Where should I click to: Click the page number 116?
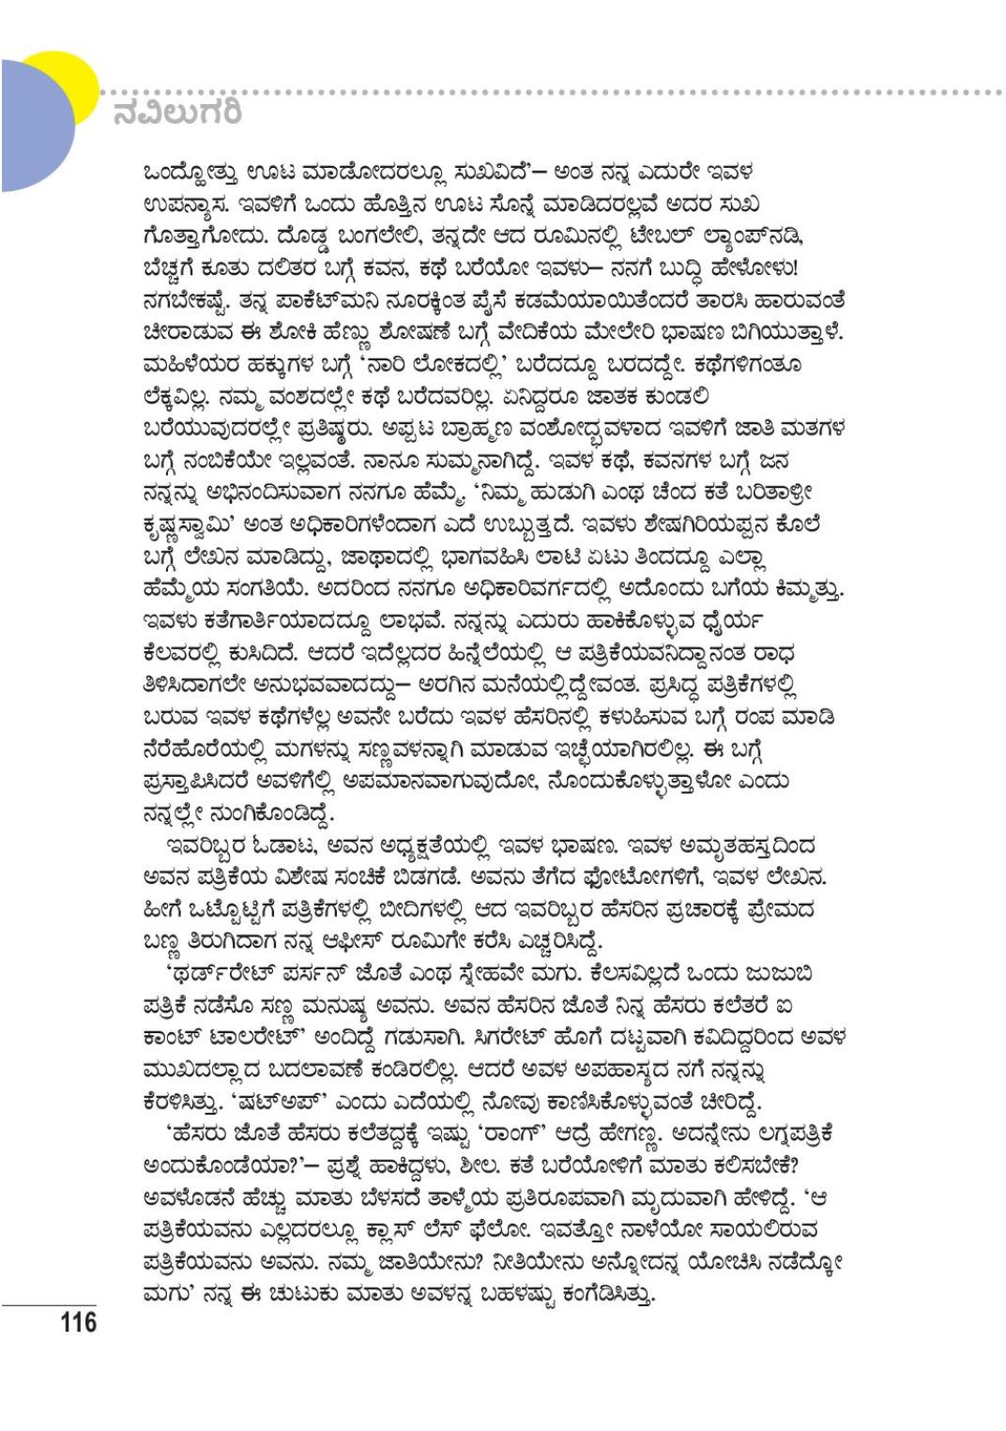coord(79,1322)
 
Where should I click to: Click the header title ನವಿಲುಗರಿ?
coord(177,114)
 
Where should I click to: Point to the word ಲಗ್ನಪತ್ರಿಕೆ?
coord(781,1134)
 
